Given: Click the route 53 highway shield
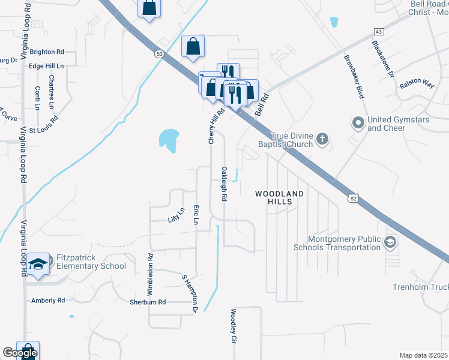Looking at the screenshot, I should pyautogui.click(x=159, y=53).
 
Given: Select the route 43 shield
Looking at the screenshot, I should pyautogui.click(x=378, y=31).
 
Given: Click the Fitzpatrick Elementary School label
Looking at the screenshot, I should pyautogui.click(x=91, y=262).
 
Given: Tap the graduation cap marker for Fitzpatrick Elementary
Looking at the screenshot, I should pyautogui.click(x=37, y=265).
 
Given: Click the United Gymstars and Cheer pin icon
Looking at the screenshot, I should pyautogui.click(x=358, y=124).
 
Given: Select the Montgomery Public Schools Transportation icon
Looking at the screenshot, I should pyautogui.click(x=390, y=242).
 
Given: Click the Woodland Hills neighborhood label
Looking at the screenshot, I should pyautogui.click(x=280, y=197).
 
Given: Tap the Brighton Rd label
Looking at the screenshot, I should pyautogui.click(x=46, y=52).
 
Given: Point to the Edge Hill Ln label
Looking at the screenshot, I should pyautogui.click(x=46, y=65).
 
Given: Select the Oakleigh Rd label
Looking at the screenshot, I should pyautogui.click(x=224, y=184).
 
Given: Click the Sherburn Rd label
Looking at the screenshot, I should pyautogui.click(x=148, y=302).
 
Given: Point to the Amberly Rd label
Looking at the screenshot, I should pyautogui.click(x=49, y=300).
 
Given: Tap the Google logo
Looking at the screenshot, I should pyautogui.click(x=20, y=353).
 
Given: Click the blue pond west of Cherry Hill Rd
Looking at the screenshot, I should pyautogui.click(x=169, y=139).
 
